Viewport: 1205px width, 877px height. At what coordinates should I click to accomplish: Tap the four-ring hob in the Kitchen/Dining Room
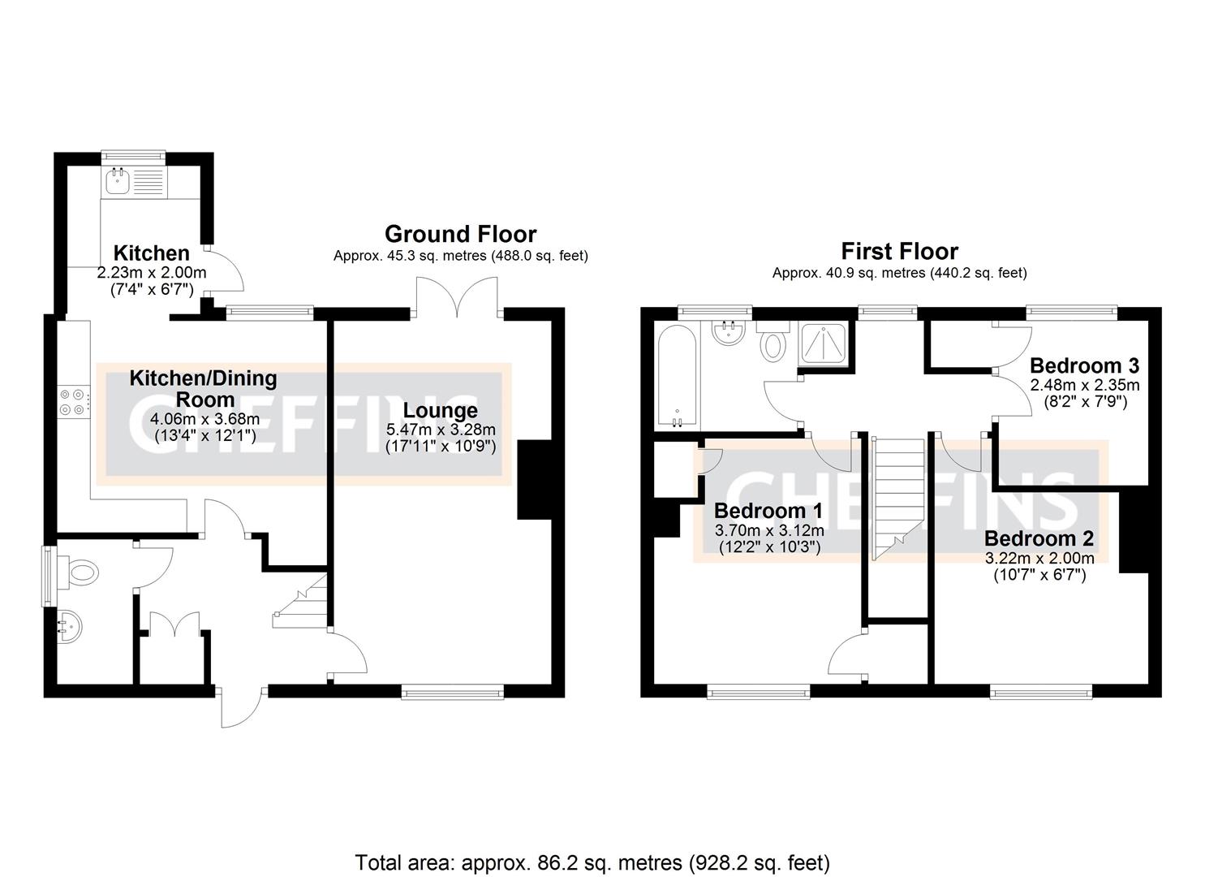(x=71, y=402)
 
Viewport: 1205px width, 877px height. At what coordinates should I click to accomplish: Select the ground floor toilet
(x=81, y=573)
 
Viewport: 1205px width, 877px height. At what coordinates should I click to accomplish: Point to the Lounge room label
(x=441, y=411)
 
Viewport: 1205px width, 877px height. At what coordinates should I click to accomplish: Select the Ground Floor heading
(x=460, y=234)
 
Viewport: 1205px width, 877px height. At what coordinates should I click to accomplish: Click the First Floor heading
(x=899, y=251)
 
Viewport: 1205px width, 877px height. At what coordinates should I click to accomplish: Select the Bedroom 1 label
(x=768, y=511)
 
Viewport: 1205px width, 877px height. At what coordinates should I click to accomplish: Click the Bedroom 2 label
(x=1039, y=538)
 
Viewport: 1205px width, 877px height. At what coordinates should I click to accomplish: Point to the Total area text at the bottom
(x=592, y=862)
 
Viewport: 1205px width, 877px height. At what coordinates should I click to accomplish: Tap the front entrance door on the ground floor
(x=241, y=706)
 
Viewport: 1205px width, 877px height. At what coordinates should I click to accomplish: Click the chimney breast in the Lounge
(x=533, y=479)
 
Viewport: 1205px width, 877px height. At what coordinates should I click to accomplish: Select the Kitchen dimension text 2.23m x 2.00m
(x=152, y=272)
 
